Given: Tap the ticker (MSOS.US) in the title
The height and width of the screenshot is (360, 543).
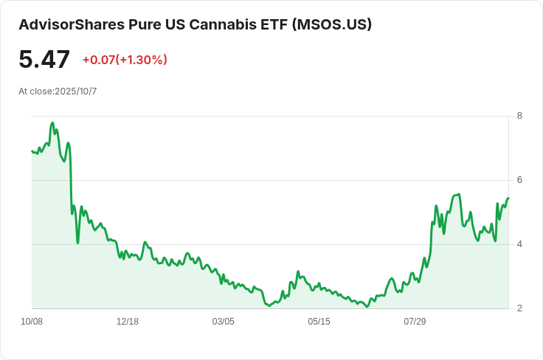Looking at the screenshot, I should click(x=332, y=24).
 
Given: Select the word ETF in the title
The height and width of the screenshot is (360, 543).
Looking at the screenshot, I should click(x=274, y=24).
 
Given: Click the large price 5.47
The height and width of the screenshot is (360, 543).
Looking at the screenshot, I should click(x=44, y=60).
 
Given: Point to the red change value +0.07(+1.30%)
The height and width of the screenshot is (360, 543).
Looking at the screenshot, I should click(x=125, y=60).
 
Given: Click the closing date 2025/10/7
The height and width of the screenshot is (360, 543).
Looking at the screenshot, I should click(x=76, y=91).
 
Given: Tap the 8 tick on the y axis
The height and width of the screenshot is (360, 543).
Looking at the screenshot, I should click(x=520, y=116).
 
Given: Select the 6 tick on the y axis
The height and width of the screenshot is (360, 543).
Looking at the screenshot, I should click(x=520, y=180).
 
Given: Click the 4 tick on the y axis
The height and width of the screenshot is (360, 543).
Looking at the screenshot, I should click(x=520, y=244).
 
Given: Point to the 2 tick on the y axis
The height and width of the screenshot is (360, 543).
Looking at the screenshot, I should click(x=520, y=308).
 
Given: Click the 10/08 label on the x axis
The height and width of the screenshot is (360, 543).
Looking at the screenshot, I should click(x=32, y=322).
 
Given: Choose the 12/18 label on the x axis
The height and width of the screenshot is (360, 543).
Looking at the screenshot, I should click(x=128, y=322).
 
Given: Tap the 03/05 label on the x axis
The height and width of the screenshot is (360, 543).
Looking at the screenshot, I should click(x=224, y=322).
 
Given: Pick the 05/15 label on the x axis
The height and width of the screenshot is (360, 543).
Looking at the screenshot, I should click(x=319, y=322).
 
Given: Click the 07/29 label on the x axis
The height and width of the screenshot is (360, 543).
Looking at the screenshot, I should click(x=415, y=322).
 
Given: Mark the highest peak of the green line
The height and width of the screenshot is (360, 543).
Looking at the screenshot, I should click(x=52, y=123).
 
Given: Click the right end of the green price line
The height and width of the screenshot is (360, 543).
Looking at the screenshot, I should click(x=508, y=198).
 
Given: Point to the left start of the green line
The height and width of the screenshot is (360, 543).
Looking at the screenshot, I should click(x=32, y=151).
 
